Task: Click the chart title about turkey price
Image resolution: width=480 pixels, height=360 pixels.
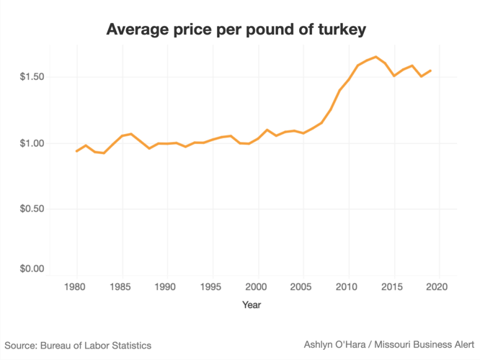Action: tap(236, 30)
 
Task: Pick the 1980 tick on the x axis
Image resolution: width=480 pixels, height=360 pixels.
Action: tap(77, 286)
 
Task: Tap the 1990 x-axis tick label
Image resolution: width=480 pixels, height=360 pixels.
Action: tap(167, 286)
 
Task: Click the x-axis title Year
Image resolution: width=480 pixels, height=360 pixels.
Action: tap(252, 305)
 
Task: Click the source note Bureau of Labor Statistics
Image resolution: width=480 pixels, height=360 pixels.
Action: tap(78, 346)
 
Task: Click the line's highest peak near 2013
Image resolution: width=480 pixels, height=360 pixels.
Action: tap(375, 56)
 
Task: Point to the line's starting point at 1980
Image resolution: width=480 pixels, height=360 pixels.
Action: tap(77, 151)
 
